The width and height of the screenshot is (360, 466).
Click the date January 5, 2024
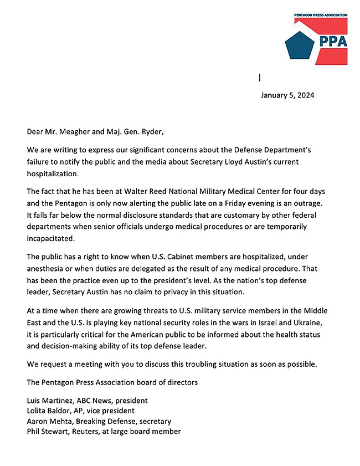(x=287, y=95)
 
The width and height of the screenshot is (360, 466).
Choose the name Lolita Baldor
(x=52, y=411)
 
